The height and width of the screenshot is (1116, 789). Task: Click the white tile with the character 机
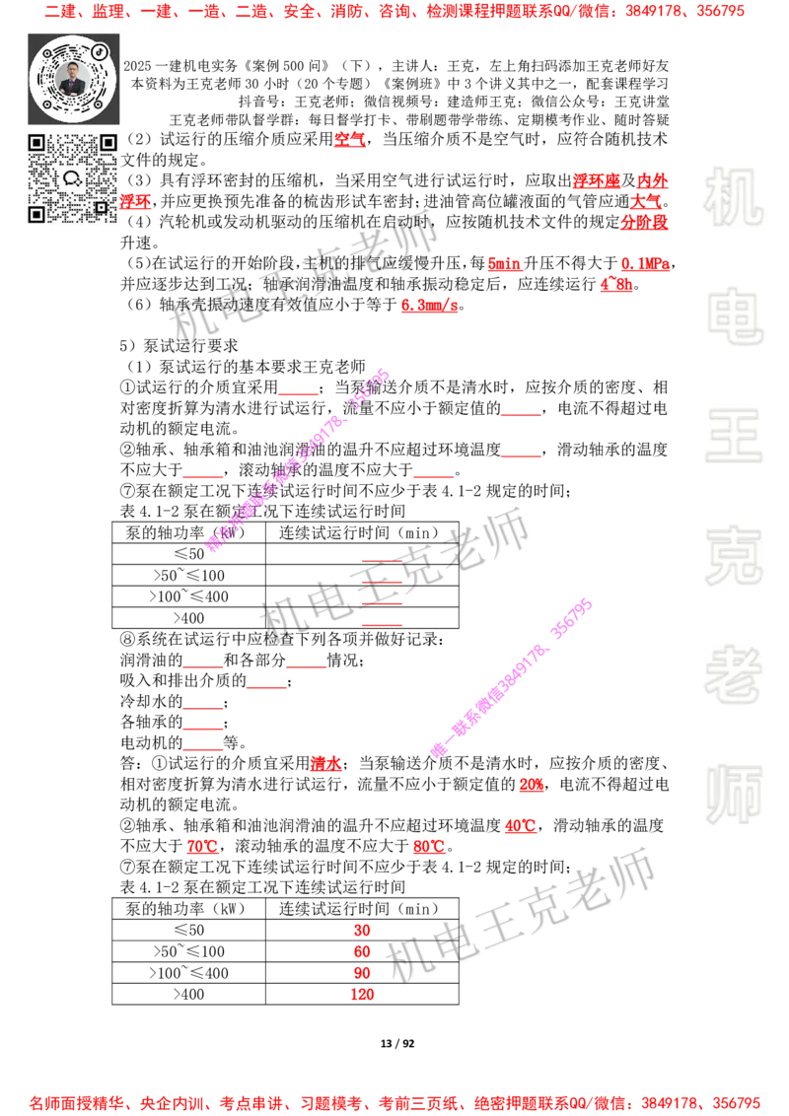733,197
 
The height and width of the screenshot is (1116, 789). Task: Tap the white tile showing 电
737,315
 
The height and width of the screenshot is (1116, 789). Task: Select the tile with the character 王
733,438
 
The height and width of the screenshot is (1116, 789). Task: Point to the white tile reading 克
733,556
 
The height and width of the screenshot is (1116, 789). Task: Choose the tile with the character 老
733,674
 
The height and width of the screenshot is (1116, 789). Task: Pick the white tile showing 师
733,797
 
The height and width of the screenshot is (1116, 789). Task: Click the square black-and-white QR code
73,178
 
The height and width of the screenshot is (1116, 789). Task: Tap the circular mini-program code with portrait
73,78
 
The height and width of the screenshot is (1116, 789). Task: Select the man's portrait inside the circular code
72,79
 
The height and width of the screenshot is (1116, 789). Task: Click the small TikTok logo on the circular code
100,49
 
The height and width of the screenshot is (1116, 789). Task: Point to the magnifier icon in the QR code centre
71,178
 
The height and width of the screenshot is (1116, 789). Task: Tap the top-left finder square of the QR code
36,143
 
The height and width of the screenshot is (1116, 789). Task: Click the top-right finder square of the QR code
108,143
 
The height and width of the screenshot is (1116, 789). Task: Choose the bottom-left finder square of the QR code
36,214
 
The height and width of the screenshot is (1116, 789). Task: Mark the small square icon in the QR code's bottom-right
101,207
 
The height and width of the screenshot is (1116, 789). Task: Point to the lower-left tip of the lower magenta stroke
438,750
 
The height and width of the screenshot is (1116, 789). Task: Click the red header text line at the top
394,12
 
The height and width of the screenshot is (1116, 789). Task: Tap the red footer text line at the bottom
394,1103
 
